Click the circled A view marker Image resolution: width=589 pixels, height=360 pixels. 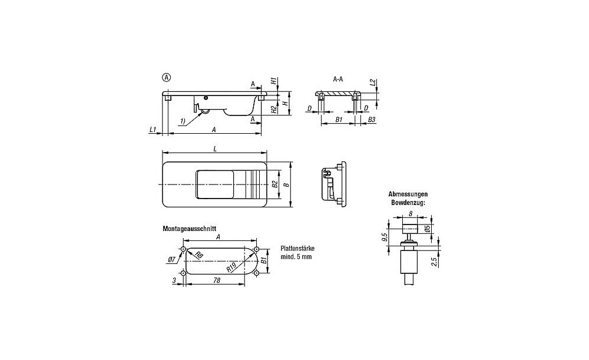click(x=166, y=78)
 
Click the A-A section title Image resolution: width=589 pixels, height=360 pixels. click(x=337, y=80)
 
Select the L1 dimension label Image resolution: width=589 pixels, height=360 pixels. click(x=153, y=130)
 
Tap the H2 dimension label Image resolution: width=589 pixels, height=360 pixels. click(x=274, y=110)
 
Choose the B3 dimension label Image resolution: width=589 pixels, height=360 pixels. click(x=372, y=120)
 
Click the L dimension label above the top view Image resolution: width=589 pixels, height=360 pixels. click(x=215, y=149)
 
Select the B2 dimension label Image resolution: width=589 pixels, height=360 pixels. click(x=274, y=184)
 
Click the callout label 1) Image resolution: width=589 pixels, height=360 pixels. click(x=183, y=121)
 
